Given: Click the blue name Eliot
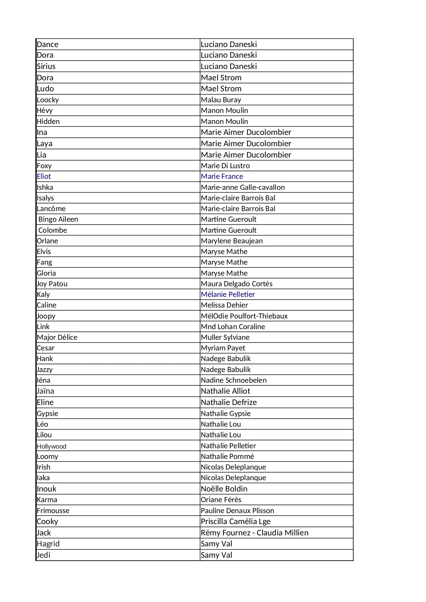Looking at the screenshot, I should (44, 176).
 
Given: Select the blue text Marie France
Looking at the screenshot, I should (222, 176).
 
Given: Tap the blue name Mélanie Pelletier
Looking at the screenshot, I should (228, 294).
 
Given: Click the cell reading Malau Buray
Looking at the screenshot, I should (221, 100).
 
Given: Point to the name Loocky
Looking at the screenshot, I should (48, 100).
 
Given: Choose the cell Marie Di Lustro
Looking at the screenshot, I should (225, 166).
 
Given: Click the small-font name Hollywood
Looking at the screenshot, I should (51, 446).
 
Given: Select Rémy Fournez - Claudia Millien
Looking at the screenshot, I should (254, 533).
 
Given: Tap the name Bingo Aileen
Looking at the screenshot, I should (58, 219).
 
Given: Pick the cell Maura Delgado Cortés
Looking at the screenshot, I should (237, 284).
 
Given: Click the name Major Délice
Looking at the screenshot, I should (57, 337).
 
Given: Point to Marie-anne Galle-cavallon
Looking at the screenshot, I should (243, 187).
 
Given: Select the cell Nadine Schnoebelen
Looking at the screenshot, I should (233, 380).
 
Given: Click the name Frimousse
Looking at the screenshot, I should (53, 511).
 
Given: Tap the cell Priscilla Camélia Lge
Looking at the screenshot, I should (235, 522).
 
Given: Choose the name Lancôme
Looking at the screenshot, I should (51, 209).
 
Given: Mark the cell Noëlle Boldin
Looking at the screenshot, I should (224, 489).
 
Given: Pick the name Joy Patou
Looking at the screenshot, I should (52, 284).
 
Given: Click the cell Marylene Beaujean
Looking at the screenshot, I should (232, 241).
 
